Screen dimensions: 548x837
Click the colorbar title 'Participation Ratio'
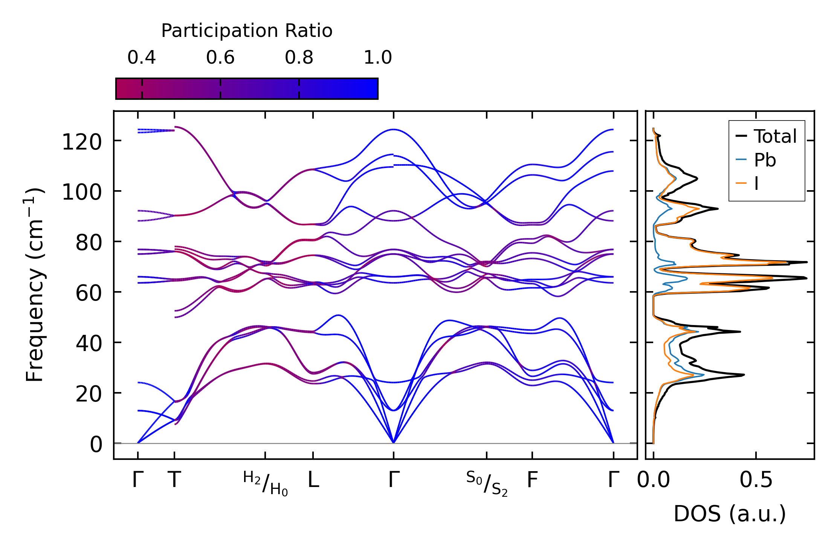pyautogui.click(x=247, y=31)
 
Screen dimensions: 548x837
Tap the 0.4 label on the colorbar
pyautogui.click(x=142, y=58)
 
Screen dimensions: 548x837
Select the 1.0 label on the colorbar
pyautogui.click(x=378, y=58)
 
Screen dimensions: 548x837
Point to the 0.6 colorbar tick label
pyautogui.click(x=220, y=58)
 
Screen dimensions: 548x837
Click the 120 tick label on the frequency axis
pyautogui.click(x=82, y=142)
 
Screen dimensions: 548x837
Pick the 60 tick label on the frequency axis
pyautogui.click(x=89, y=293)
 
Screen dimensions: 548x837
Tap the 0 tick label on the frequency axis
pyautogui.click(x=96, y=445)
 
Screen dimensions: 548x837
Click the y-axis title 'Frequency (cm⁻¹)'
pyautogui.click(x=35, y=285)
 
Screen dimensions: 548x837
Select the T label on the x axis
pyautogui.click(x=174, y=480)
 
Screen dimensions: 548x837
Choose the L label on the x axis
pyautogui.click(x=313, y=480)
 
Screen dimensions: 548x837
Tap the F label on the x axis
pyautogui.click(x=532, y=480)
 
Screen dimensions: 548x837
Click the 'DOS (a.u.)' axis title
pyautogui.click(x=730, y=514)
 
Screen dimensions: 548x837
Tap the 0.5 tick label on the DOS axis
pyautogui.click(x=756, y=480)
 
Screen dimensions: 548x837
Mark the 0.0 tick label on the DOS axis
pyautogui.click(x=653, y=480)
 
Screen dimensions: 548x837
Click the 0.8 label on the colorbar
pyautogui.click(x=299, y=58)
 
